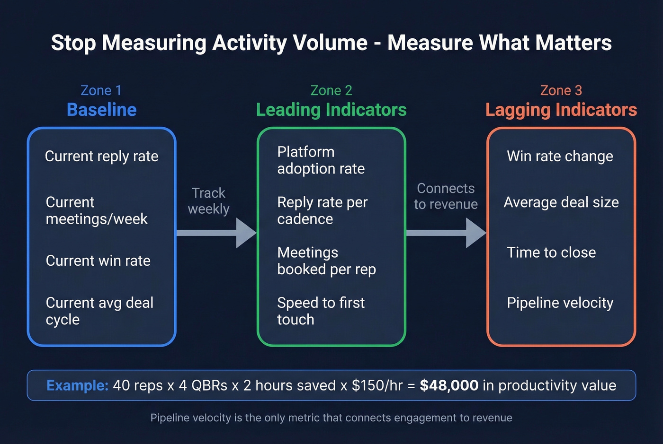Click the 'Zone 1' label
[x=101, y=90]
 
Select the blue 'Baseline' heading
[x=101, y=110]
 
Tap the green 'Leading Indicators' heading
[x=331, y=110]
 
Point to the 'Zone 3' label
[x=561, y=90]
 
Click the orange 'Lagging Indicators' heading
[x=561, y=110]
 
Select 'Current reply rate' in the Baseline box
[x=101, y=156]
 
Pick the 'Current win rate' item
[x=98, y=261]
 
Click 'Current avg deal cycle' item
[x=99, y=311]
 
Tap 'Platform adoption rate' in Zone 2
[x=321, y=160]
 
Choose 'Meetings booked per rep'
[x=326, y=261]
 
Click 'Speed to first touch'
[x=321, y=311]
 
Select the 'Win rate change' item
[x=560, y=156]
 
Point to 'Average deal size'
[x=561, y=202]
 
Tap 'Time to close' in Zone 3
[x=551, y=252]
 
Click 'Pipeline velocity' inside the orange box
[x=560, y=303]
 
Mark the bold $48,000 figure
[x=449, y=385]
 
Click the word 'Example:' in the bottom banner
[x=78, y=385]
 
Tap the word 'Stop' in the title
[x=73, y=43]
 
